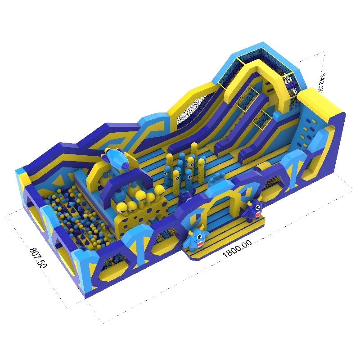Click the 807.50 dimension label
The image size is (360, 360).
pyautogui.click(x=38, y=257)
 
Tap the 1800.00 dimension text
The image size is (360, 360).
pyautogui.click(x=237, y=249)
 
